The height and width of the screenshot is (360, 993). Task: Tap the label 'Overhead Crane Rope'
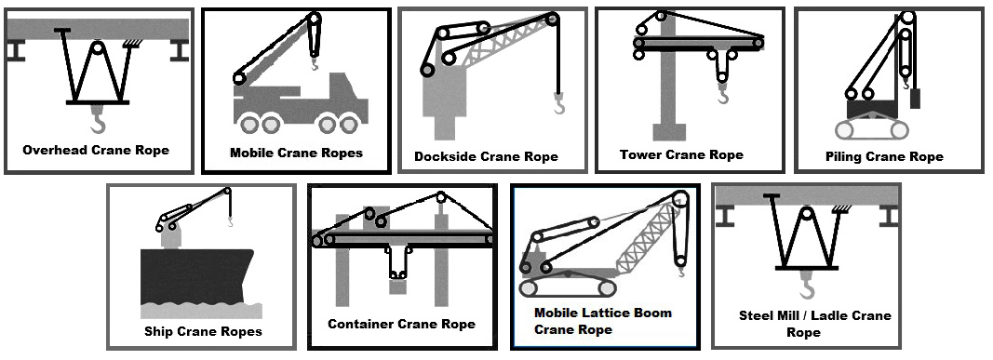coord(96,150)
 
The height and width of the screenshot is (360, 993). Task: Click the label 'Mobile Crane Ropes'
coord(296,153)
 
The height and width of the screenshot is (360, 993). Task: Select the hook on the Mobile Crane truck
coord(315,65)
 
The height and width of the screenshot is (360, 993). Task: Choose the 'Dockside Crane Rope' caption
coord(486,156)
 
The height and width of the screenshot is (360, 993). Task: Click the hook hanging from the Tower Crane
coord(723,95)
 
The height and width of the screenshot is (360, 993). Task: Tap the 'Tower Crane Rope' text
coord(681,154)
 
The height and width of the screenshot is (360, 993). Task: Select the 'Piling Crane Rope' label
coord(884,156)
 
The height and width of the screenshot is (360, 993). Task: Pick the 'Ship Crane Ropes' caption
coord(203,331)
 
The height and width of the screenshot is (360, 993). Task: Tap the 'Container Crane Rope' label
coord(401,324)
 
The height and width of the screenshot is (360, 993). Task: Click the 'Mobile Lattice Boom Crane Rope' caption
coord(602,321)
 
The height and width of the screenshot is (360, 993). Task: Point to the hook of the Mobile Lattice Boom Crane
coord(682,272)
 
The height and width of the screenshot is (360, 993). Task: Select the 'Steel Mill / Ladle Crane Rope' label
coord(805,324)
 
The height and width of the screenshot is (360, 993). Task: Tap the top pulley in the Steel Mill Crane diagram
coord(806,217)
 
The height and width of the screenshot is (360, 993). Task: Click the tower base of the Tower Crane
coord(669,130)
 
